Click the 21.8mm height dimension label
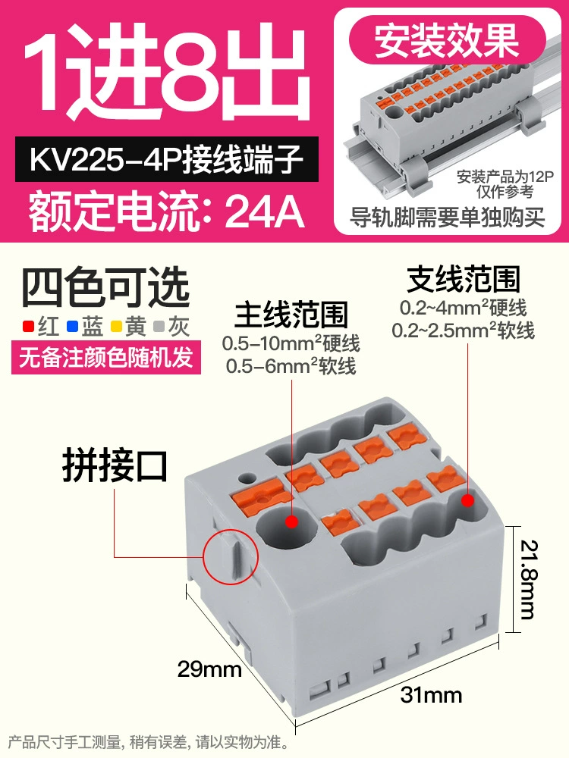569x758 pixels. click(x=528, y=579)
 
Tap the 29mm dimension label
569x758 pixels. click(x=209, y=669)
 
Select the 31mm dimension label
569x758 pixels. click(x=431, y=695)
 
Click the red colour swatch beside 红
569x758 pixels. click(x=29, y=326)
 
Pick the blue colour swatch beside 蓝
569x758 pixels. click(x=72, y=326)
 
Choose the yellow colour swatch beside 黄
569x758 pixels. click(x=115, y=326)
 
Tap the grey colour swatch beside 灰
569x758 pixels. click(x=159, y=326)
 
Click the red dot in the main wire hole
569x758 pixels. click(x=291, y=522)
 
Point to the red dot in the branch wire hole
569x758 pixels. click(x=467, y=500)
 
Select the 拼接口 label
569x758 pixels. click(x=115, y=466)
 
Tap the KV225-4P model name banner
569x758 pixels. click(x=167, y=159)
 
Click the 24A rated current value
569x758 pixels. click(x=265, y=211)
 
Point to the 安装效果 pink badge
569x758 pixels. click(x=448, y=41)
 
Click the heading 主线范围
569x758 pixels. click(x=292, y=315)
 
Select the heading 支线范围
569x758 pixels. click(x=464, y=280)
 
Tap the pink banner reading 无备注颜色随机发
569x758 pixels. click(x=106, y=357)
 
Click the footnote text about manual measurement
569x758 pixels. click(x=149, y=741)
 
